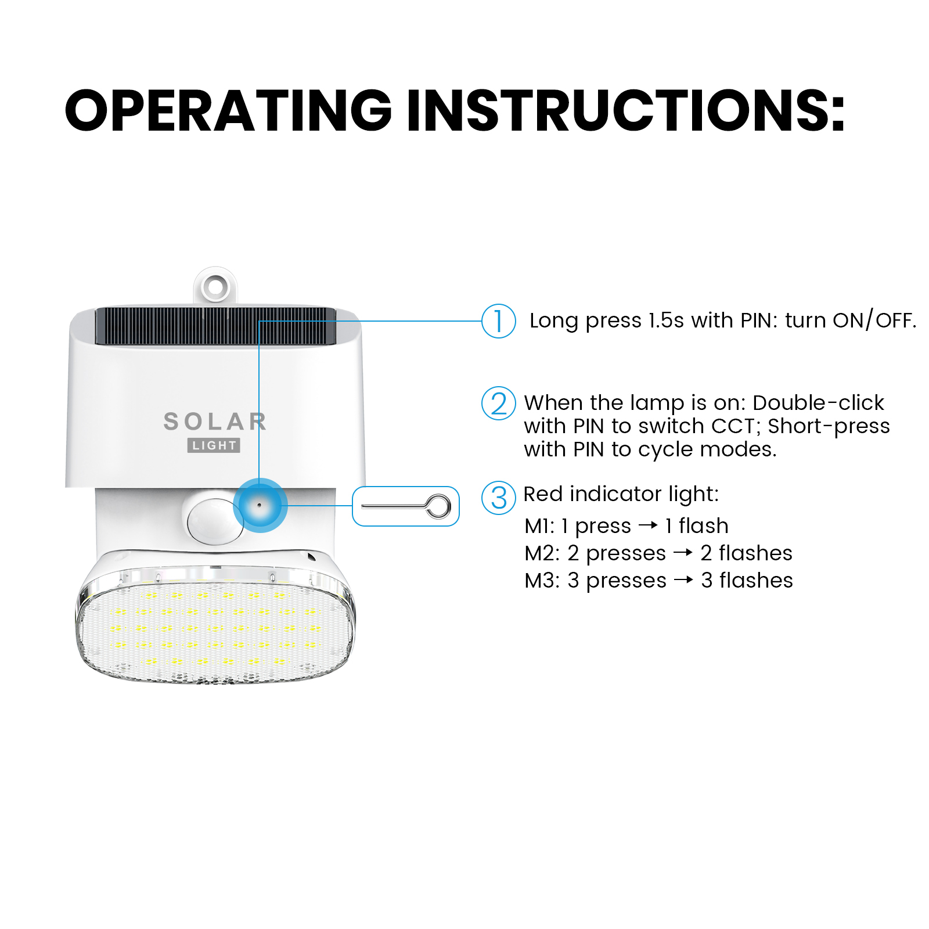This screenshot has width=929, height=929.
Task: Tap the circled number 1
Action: [499, 321]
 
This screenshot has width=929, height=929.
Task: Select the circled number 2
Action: [499, 404]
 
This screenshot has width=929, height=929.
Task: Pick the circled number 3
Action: [499, 498]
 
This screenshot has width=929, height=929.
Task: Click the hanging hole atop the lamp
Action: [215, 286]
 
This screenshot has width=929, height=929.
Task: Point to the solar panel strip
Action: [215, 326]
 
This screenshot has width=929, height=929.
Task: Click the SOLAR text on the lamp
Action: [215, 422]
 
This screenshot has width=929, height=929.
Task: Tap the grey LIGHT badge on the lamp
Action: [214, 445]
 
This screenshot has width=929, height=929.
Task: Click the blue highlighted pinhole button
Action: [260, 505]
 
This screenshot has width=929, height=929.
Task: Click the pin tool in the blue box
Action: [406, 506]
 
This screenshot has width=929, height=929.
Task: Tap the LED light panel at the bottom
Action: [215, 627]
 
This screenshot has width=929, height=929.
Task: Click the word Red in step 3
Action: [543, 494]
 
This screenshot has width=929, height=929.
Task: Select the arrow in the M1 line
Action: [648, 525]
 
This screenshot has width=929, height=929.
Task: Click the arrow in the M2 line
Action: [683, 553]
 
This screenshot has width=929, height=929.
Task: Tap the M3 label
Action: [539, 581]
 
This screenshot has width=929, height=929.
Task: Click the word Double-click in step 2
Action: [818, 402]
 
